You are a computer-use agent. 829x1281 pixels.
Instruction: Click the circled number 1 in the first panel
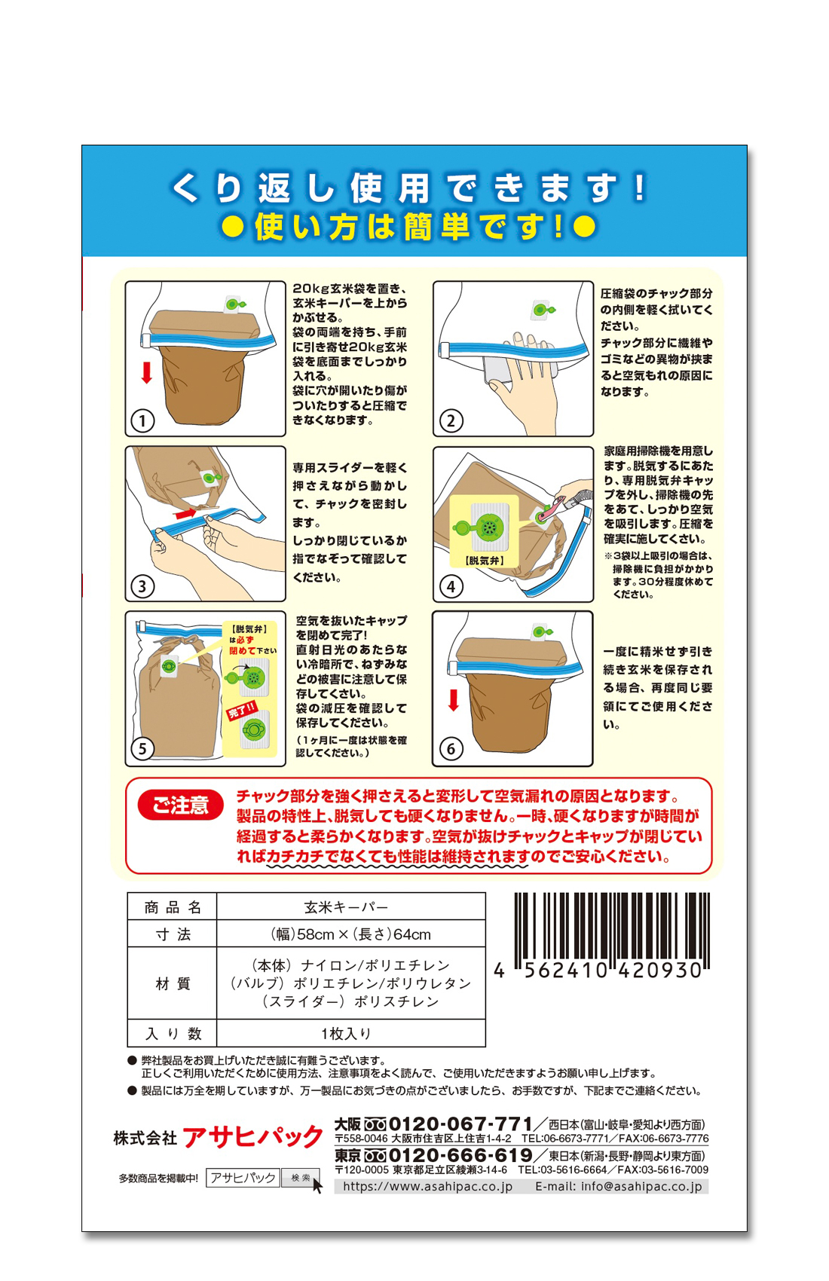point(142,421)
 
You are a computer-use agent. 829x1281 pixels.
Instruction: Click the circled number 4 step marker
point(451,587)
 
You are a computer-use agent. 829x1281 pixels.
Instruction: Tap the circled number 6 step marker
point(451,749)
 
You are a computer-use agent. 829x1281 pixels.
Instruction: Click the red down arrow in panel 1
point(147,372)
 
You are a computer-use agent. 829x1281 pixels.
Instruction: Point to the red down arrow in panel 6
point(454,700)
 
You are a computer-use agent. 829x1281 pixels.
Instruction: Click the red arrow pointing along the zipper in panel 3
point(186,514)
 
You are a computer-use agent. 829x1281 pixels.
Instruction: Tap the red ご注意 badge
point(180,806)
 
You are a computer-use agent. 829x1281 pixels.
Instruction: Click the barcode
point(612,931)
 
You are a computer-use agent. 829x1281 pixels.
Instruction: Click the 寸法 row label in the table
point(173,934)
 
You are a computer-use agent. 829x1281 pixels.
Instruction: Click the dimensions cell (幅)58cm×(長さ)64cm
point(351,934)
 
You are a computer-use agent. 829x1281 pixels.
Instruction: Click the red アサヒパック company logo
point(253,1137)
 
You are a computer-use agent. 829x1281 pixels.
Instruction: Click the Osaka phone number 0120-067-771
point(460,1124)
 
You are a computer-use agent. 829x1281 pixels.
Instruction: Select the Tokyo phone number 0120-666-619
point(460,1154)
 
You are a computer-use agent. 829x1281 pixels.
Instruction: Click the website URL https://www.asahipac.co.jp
point(427,1187)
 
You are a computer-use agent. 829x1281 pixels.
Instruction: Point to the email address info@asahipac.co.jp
point(641,1187)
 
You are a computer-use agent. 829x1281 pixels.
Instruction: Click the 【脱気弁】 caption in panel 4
point(485,561)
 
